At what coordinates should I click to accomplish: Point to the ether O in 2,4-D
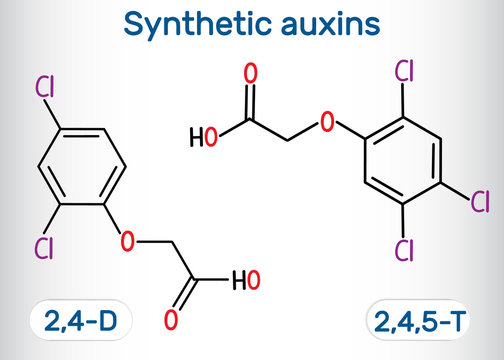pos(126,241)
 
